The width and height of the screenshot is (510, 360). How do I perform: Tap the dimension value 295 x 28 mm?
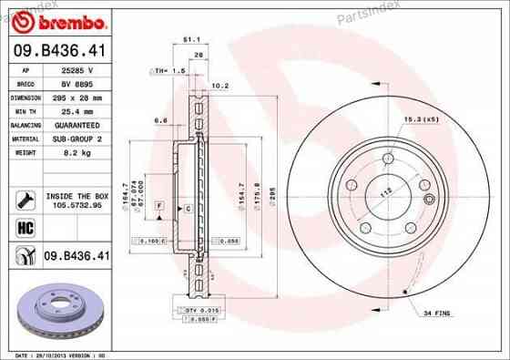click(77, 95)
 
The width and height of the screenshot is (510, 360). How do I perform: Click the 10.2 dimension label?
click(219, 87)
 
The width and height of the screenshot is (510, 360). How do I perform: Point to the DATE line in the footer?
click(56, 355)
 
